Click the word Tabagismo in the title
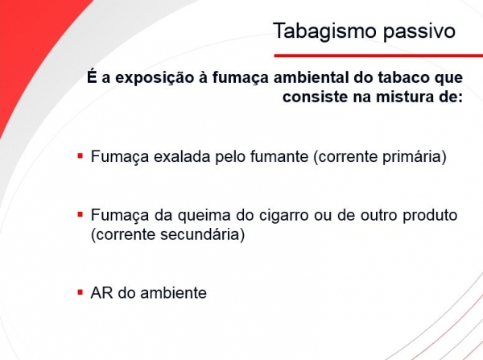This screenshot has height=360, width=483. click(325, 31)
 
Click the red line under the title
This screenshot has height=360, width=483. click(378, 56)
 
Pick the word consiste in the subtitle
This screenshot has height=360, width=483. click(315, 97)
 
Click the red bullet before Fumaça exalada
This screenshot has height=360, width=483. click(80, 155)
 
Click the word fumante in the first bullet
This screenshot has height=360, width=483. click(279, 156)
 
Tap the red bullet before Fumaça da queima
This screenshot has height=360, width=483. click(80, 214)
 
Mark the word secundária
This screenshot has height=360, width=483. click(202, 234)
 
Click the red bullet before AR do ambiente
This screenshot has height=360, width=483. click(80, 292)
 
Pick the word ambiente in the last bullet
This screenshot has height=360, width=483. click(173, 293)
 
